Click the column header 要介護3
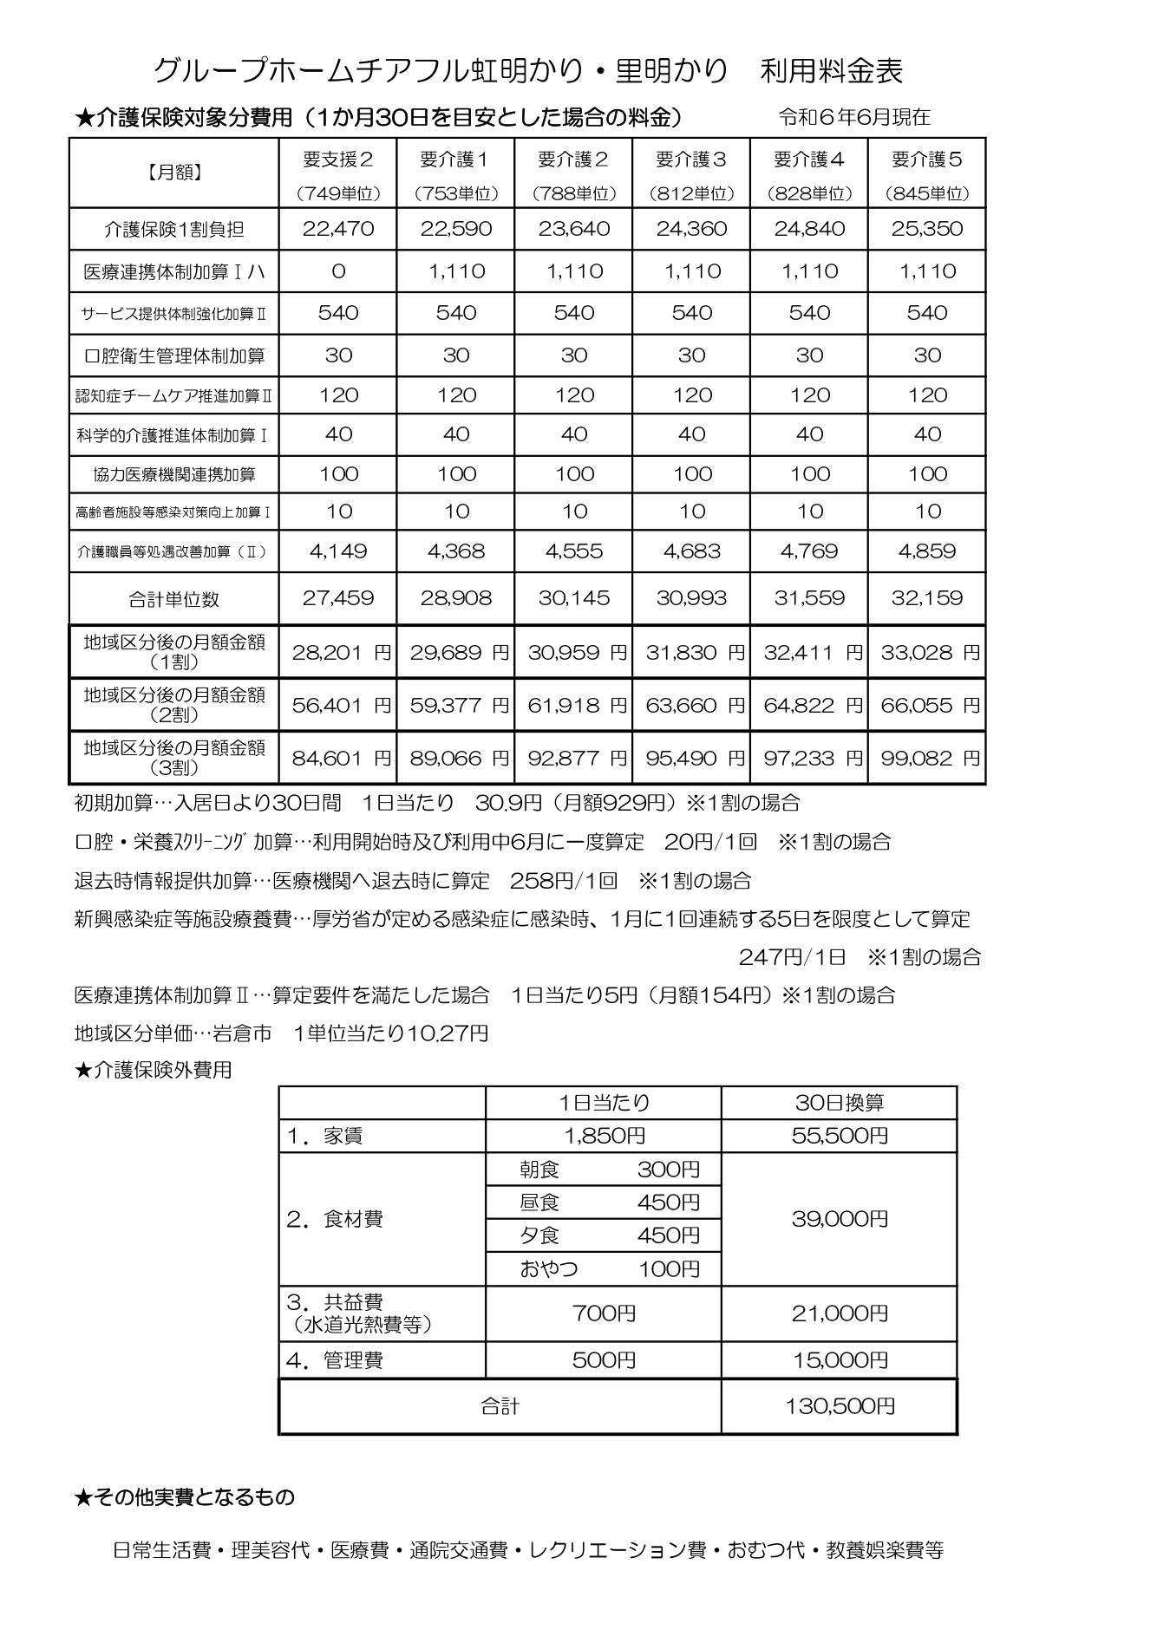(691, 160)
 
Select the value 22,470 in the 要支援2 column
(338, 229)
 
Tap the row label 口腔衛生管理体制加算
(174, 355)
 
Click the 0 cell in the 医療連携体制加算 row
(338, 271)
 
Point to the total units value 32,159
(927, 598)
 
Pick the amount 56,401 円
(338, 706)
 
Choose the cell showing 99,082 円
(927, 759)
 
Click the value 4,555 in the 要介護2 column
(574, 551)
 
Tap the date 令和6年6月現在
(854, 117)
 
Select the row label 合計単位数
(174, 599)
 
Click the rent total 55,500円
(840, 1136)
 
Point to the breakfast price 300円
(668, 1170)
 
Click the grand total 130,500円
(840, 1405)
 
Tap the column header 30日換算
(840, 1103)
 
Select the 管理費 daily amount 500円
(604, 1360)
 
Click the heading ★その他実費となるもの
(185, 1497)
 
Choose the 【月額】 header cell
(174, 173)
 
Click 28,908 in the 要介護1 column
(456, 598)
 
